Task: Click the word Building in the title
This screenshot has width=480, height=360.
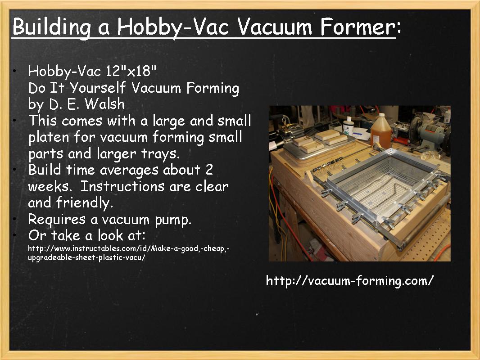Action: point(50,27)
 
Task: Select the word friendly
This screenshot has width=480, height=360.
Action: point(84,202)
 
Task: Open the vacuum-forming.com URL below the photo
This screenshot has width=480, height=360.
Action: point(350,281)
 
